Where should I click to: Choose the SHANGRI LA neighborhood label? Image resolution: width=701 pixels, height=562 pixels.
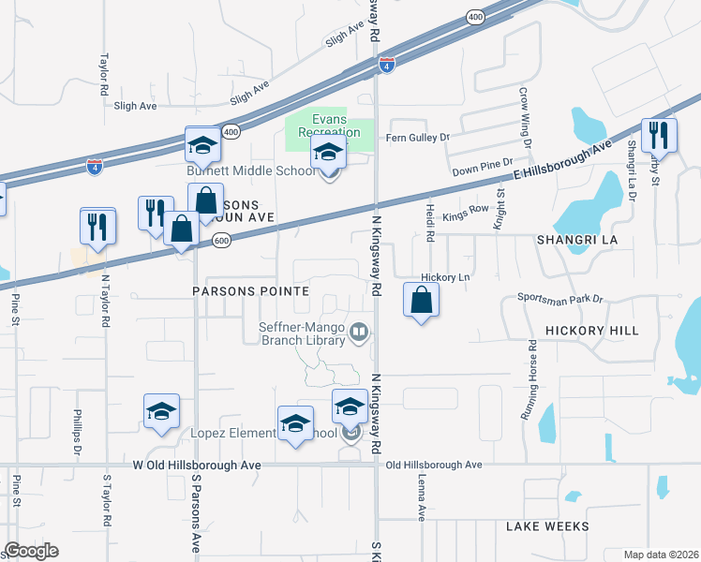[574, 240]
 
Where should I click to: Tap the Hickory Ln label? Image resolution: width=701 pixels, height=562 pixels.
[445, 277]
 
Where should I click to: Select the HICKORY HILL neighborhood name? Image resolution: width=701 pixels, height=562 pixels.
[591, 331]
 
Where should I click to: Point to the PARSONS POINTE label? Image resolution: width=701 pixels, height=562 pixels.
[250, 291]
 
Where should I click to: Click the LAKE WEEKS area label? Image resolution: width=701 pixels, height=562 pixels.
[547, 526]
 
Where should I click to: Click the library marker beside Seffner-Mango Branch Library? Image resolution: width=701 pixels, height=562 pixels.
[358, 333]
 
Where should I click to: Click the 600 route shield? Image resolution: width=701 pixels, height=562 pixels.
[220, 241]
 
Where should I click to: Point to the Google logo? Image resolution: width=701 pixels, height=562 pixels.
[31, 551]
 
